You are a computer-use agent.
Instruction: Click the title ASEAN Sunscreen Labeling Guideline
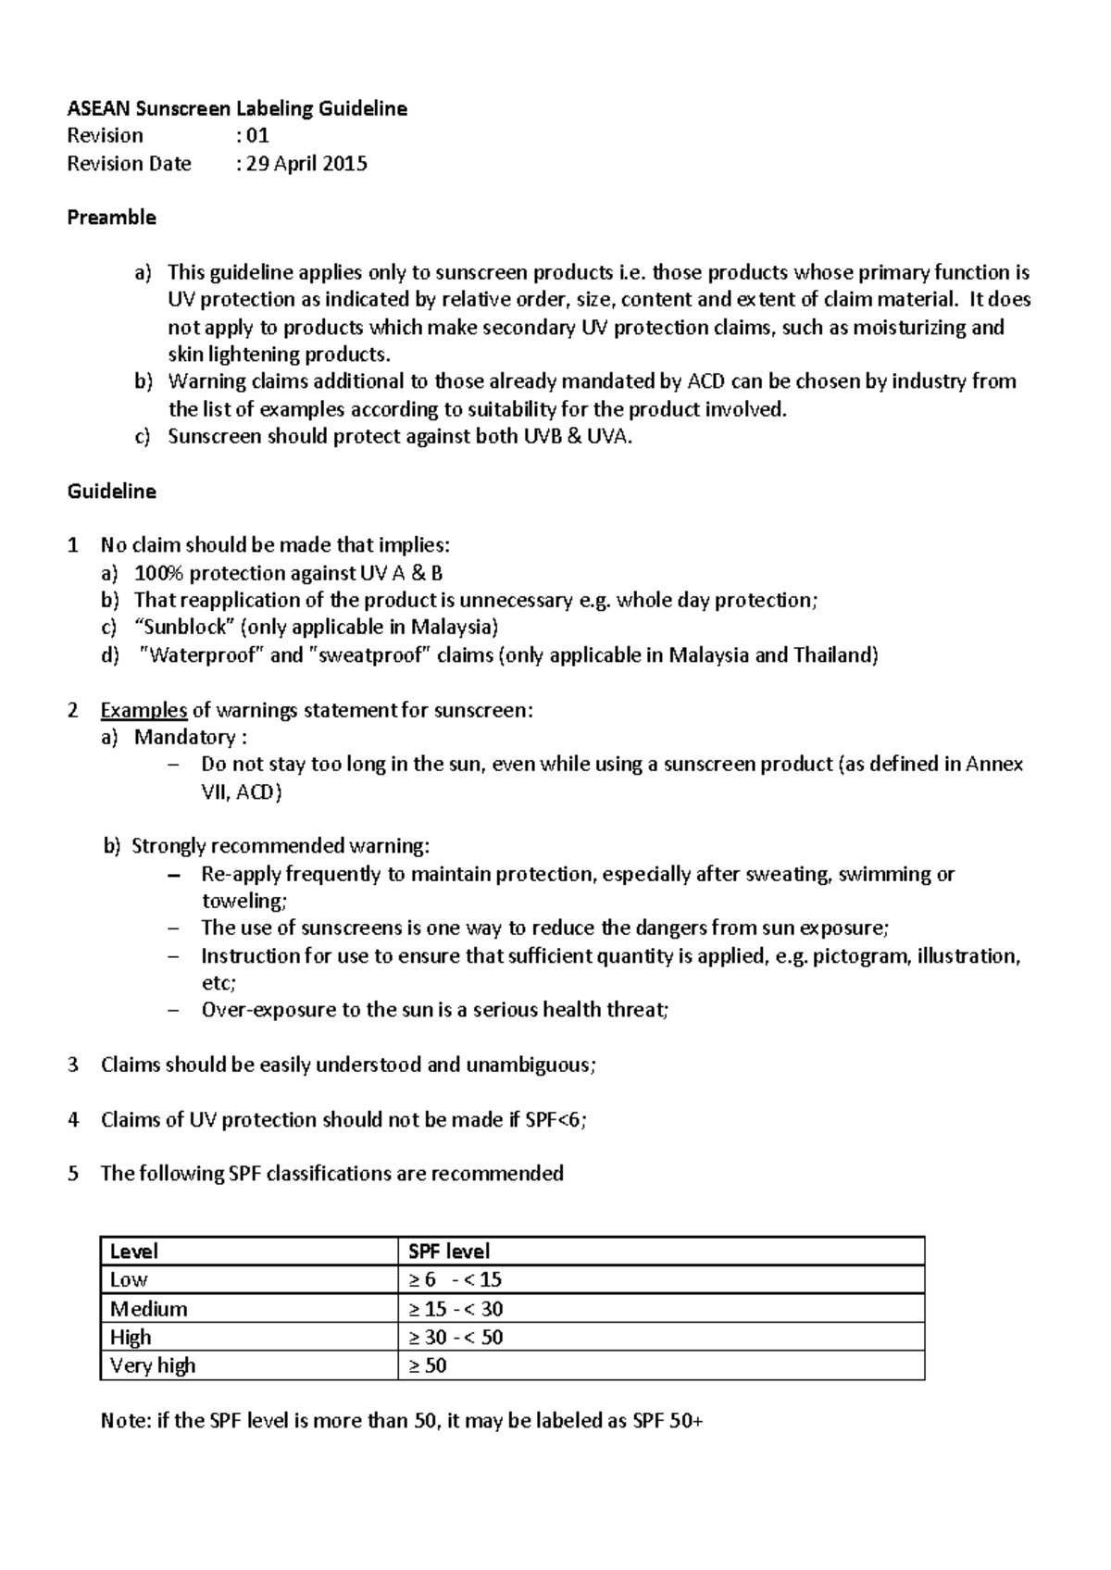pos(237,109)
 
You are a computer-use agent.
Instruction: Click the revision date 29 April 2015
pos(306,164)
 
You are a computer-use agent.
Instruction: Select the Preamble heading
pos(111,218)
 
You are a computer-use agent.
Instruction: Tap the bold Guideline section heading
pos(111,492)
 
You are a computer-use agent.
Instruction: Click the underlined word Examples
pos(144,710)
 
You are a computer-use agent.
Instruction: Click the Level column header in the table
pos(134,1252)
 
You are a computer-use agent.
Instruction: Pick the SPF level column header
pos(449,1252)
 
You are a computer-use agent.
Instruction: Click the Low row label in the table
pos(129,1279)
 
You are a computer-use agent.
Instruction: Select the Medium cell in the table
pos(148,1309)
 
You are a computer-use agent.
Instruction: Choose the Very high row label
pos(153,1365)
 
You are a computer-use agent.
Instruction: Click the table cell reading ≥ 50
pos(428,1365)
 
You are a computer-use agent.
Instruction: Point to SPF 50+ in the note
pos(667,1421)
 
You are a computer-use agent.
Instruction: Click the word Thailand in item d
pos(832,655)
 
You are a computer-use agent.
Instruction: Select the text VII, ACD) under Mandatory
pos(242,792)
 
